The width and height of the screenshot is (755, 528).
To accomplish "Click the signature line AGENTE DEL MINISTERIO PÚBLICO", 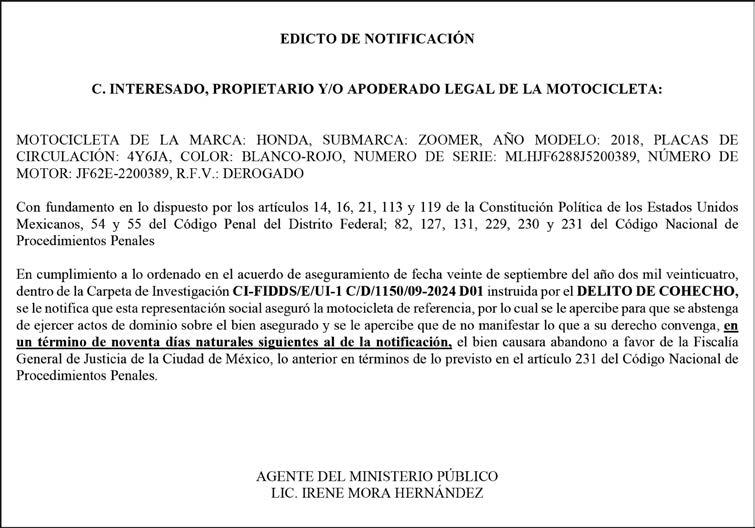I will pyautogui.click(x=377, y=477).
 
